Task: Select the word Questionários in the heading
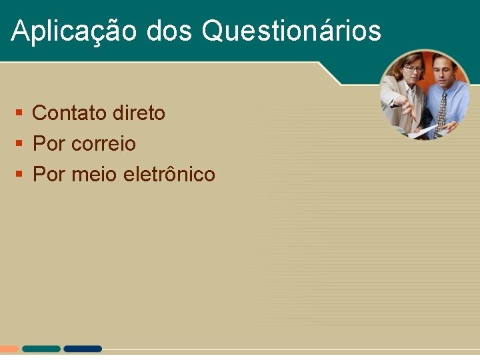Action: click(x=291, y=31)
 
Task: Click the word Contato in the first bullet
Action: click(x=70, y=113)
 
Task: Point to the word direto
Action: click(x=139, y=113)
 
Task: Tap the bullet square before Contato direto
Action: click(x=19, y=113)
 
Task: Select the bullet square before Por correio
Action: click(x=19, y=144)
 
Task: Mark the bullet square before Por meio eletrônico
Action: click(x=19, y=175)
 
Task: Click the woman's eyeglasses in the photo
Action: click(x=413, y=69)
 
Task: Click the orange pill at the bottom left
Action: click(x=9, y=349)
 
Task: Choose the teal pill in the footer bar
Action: click(x=41, y=349)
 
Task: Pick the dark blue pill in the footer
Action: click(x=83, y=349)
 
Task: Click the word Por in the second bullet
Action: click(x=49, y=144)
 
